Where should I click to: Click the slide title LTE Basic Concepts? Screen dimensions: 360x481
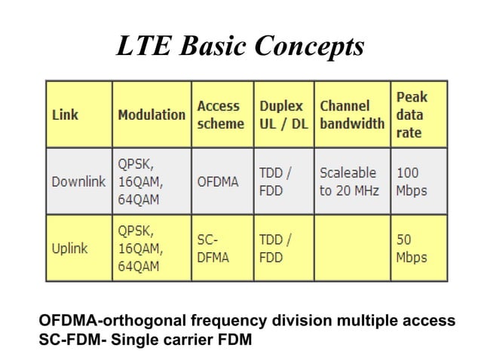point(240,47)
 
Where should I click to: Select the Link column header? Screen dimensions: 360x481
point(65,115)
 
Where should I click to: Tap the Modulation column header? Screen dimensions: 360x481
point(151,115)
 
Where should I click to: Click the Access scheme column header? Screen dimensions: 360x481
point(220,114)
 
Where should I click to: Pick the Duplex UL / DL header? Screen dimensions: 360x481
point(283,114)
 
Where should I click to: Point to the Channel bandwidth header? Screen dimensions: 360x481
point(351,114)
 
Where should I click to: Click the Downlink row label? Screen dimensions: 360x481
point(78,182)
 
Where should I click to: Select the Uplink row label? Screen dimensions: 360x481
point(69,248)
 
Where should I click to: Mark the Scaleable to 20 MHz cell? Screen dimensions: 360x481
point(351,182)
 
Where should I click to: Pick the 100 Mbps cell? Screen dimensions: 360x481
point(411,182)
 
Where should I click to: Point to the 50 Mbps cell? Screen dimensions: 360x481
point(411,248)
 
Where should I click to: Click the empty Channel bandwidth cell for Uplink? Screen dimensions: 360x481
point(351,248)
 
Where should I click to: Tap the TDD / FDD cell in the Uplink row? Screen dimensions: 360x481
point(275,248)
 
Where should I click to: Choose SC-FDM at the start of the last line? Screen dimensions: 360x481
point(70,339)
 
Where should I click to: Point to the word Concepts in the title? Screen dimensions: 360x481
point(309,47)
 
